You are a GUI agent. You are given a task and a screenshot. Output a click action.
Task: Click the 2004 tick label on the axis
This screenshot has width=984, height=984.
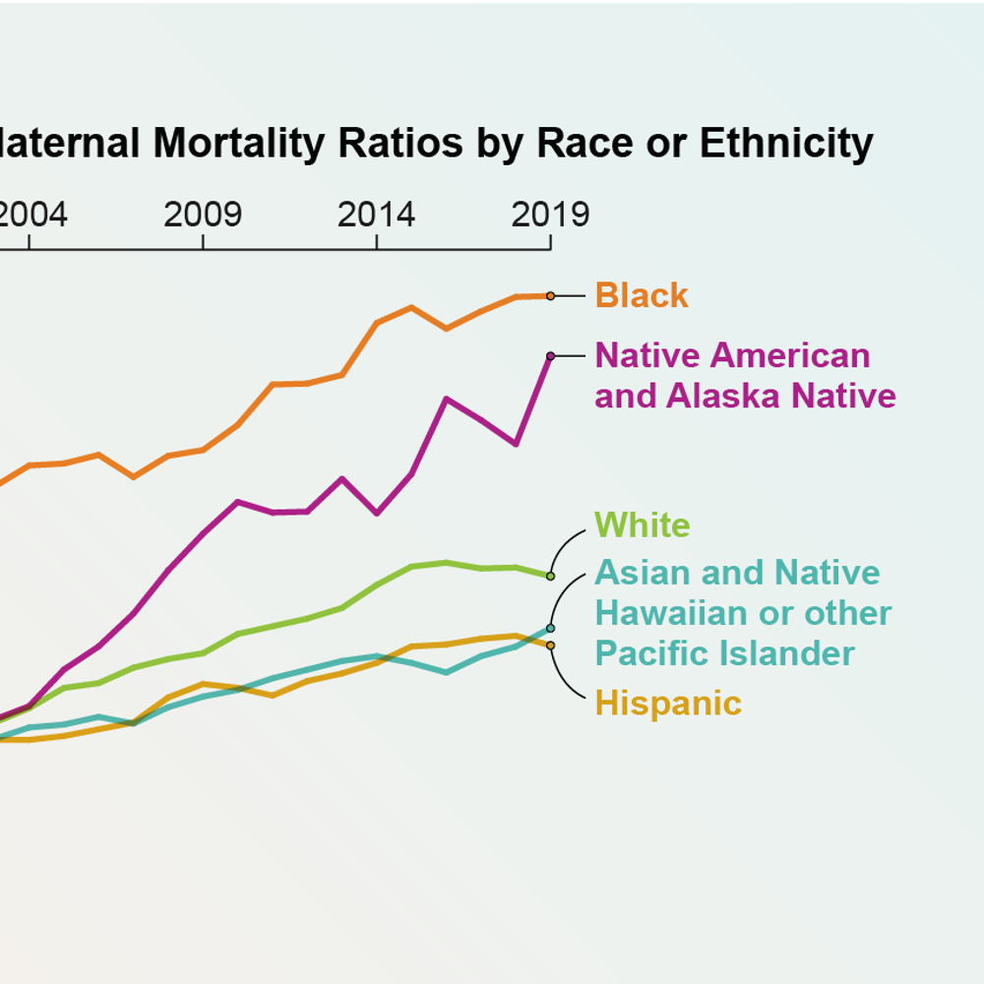[32, 215]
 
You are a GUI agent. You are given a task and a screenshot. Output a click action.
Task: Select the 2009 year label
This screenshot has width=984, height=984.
[203, 215]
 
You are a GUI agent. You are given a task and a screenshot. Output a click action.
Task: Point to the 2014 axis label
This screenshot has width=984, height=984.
[376, 215]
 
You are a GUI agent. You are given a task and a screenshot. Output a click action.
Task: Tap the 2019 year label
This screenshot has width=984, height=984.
[550, 215]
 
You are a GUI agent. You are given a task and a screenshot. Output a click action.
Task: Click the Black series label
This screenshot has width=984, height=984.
[642, 295]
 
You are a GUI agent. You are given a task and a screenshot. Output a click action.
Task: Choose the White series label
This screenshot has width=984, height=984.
[642, 524]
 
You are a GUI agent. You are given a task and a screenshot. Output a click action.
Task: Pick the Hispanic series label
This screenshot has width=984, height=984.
[668, 704]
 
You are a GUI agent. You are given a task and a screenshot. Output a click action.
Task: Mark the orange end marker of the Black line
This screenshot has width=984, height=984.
[550, 295]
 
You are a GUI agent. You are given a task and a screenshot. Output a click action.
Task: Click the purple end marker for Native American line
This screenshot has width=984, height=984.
[550, 356]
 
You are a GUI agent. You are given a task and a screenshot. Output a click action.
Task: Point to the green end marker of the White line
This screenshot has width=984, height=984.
[550, 576]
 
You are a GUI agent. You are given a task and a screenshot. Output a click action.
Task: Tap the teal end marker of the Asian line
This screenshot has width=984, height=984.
[550, 628]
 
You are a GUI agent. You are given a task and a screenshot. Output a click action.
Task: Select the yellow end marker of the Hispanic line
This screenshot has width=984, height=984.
[550, 646]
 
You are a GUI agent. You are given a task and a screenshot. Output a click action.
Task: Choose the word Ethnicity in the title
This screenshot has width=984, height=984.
[786, 144]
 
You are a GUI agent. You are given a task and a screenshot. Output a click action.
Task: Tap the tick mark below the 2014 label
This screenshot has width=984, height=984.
[376, 242]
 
